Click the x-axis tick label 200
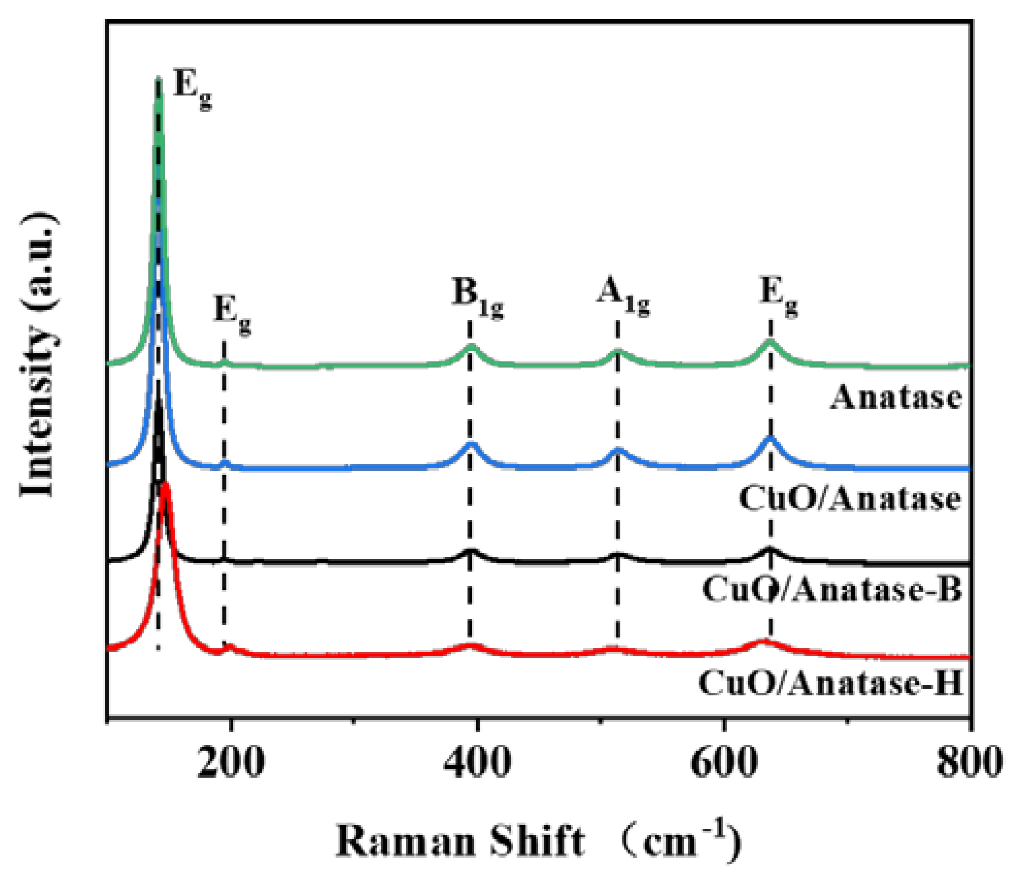point(231,763)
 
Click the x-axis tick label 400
point(477,763)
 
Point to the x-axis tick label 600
point(724,763)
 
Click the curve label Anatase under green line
point(896,398)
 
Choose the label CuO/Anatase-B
point(832,589)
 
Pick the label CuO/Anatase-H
point(831,683)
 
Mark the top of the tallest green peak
point(159,78)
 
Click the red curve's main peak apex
point(166,484)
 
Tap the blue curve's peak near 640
point(770,438)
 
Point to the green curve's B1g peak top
point(471,346)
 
